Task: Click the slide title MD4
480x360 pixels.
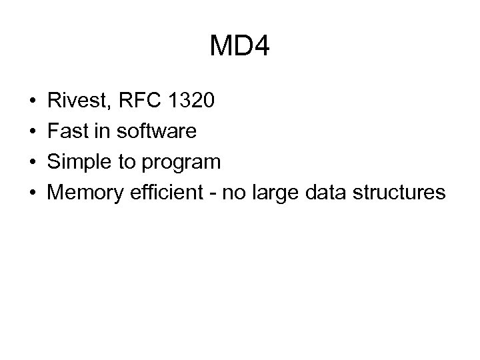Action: point(239,47)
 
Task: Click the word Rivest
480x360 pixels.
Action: point(80,101)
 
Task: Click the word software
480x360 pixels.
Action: point(157,131)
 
